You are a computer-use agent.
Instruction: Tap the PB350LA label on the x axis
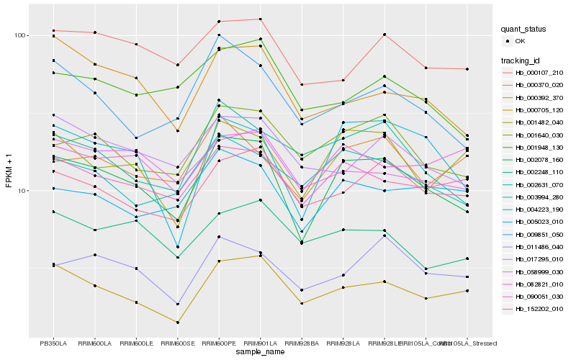point(53,343)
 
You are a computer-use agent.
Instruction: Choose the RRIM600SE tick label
point(177,343)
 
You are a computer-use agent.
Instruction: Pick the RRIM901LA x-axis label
point(260,343)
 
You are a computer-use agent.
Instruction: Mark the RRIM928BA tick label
point(302,343)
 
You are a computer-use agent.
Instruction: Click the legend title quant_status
point(523,29)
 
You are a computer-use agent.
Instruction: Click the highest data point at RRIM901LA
point(260,19)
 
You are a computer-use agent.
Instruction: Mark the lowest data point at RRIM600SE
point(177,323)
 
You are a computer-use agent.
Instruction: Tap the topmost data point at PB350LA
point(53,30)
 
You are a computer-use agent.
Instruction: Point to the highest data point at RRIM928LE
point(384,35)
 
